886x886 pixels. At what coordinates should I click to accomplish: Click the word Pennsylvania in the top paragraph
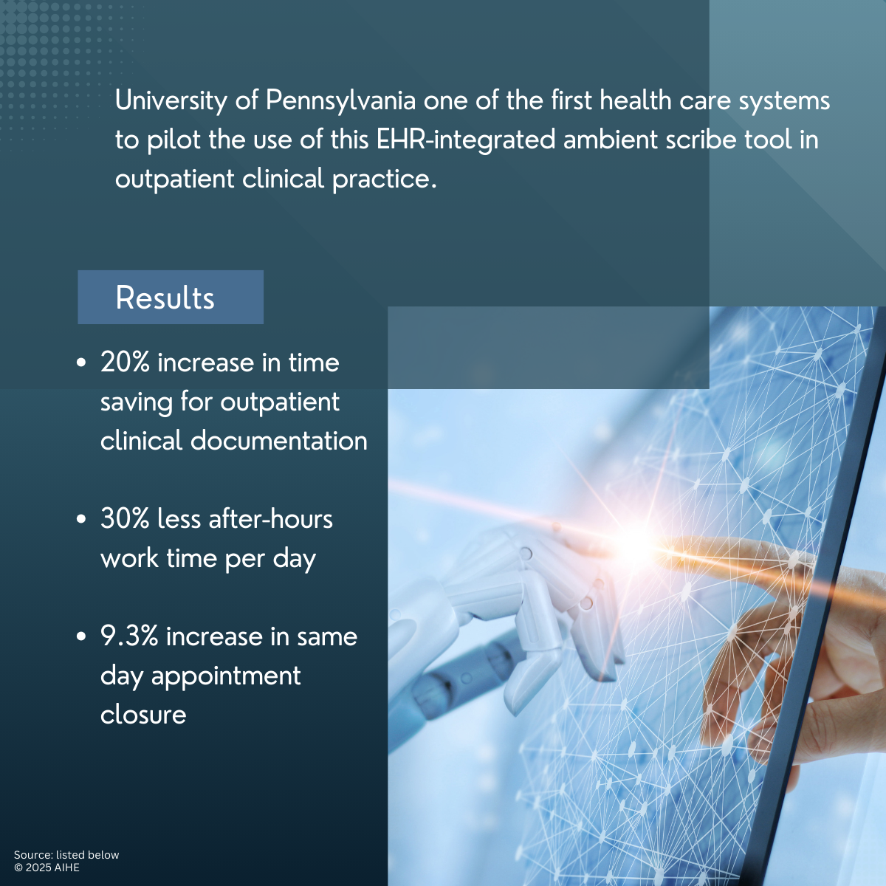[340, 101]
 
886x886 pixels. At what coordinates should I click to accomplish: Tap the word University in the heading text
[171, 101]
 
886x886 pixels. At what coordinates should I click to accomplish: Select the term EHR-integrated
[466, 140]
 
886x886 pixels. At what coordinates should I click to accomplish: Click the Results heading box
[171, 297]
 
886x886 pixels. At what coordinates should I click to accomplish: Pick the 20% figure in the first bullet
[125, 363]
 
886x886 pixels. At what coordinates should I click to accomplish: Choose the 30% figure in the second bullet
[125, 519]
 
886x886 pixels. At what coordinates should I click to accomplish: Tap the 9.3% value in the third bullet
[129, 636]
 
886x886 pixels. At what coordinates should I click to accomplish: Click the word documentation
[278, 441]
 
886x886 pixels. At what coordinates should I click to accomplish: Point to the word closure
[143, 715]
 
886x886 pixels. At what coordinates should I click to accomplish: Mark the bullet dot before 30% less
[81, 520]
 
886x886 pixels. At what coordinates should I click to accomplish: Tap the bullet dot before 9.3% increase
[81, 636]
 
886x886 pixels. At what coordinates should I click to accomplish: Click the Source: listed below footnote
[66, 855]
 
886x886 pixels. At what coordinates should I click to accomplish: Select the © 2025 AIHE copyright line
[47, 867]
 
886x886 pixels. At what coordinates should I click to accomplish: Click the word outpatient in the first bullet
[280, 402]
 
